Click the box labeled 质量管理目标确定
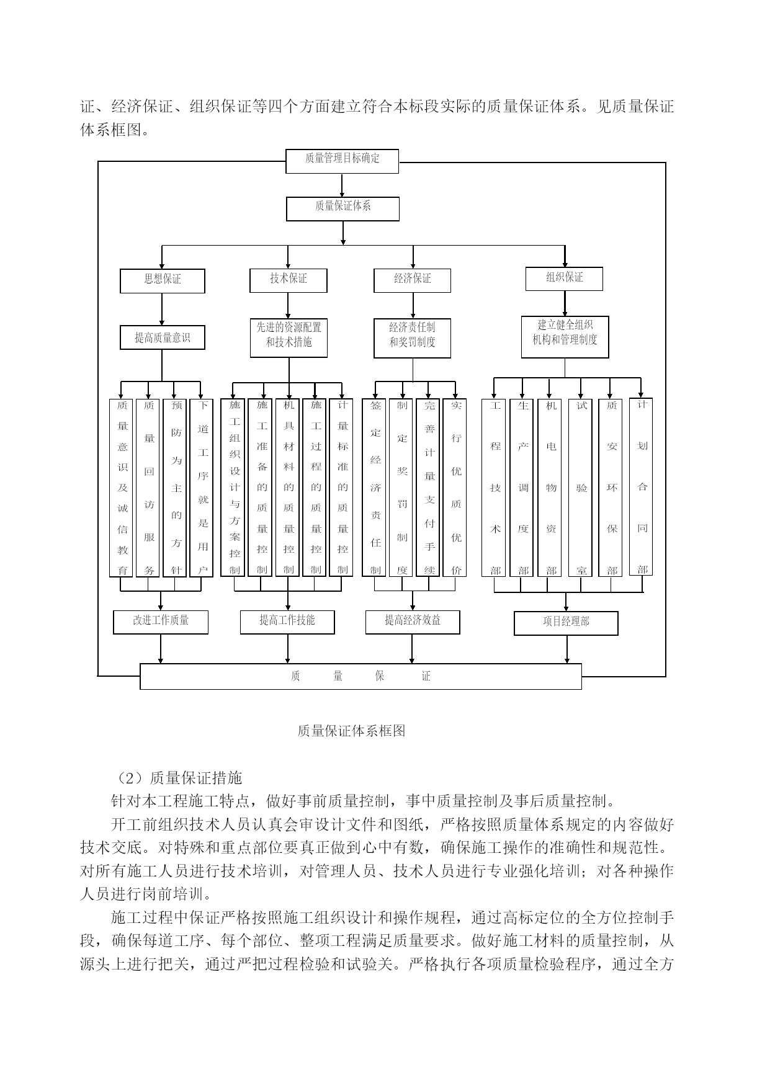pos(342,161)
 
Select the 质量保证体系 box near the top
pos(342,209)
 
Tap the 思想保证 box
pos(163,281)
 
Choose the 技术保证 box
pos(289,280)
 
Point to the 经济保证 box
pos(412,280)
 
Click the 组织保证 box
pos(565,279)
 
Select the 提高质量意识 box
pos(163,338)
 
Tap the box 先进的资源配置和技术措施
pos(289,338)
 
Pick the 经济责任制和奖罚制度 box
pos(412,338)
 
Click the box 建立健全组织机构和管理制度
pos(565,337)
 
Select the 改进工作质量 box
pos(161,622)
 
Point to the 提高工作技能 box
pos(287,622)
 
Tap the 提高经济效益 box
pos(413,622)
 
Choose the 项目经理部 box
pos(566,623)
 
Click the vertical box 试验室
pos(581,488)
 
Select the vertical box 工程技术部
pos(494,488)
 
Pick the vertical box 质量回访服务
pos(149,488)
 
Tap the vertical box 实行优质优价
pos(456,488)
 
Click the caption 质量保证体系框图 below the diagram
pos(351,731)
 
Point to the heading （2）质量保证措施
pos(176,777)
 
